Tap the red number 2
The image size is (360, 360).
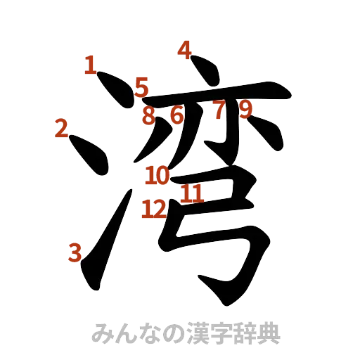pyautogui.click(x=60, y=128)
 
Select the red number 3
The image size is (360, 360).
pyautogui.click(x=75, y=252)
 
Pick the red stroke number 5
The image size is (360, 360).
pyautogui.click(x=141, y=88)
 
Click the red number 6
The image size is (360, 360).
pyautogui.click(x=176, y=115)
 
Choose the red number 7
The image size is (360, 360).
pyautogui.click(x=219, y=110)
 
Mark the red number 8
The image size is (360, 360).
pyautogui.click(x=148, y=115)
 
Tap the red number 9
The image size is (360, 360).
pyautogui.click(x=245, y=108)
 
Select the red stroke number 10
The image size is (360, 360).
pyautogui.click(x=157, y=175)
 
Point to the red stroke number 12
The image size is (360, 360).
pyautogui.click(x=153, y=208)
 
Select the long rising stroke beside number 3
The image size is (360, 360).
pyautogui.click(x=105, y=239)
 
